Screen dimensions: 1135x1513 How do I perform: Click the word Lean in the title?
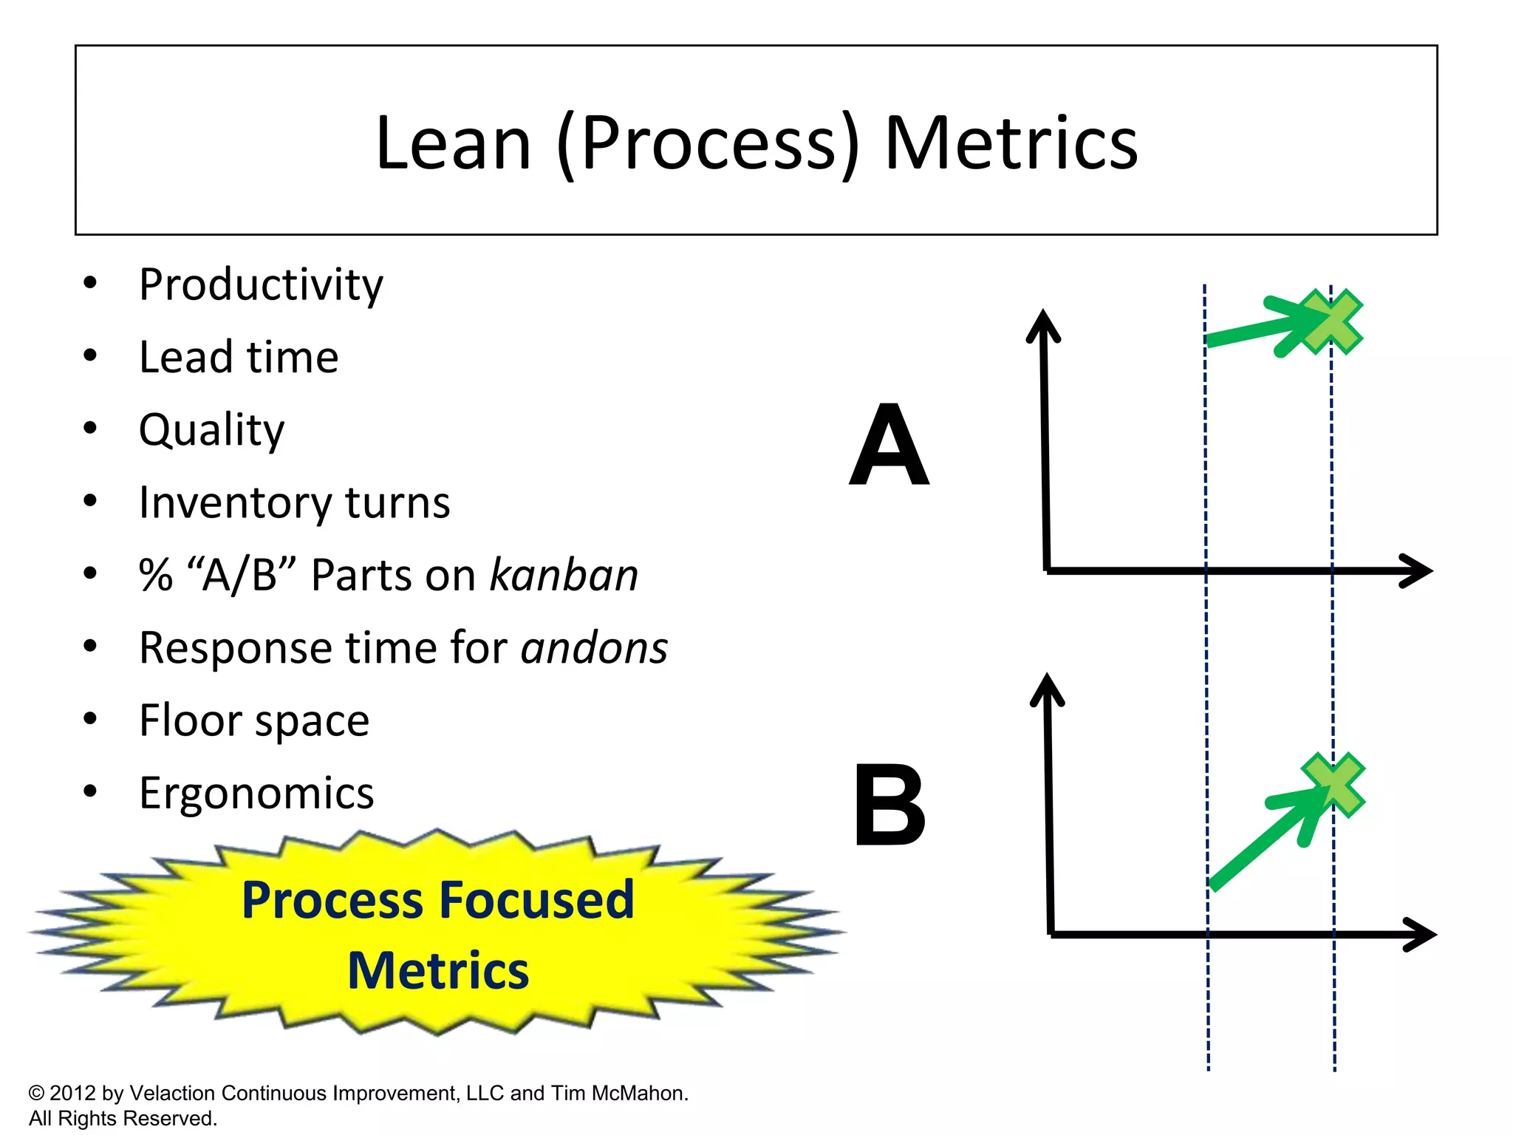coord(453,143)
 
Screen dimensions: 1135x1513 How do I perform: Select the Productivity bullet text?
coord(261,285)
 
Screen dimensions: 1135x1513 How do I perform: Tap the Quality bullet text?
coord(211,430)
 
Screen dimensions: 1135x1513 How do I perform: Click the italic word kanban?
coord(564,576)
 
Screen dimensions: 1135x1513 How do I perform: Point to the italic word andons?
coord(594,648)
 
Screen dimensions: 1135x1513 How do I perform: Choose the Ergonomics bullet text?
coord(256,794)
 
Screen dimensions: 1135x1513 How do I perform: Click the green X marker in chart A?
coord(1331,321)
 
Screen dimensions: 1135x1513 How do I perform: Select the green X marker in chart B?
coord(1333,785)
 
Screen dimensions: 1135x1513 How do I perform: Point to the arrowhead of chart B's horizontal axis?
coord(1422,935)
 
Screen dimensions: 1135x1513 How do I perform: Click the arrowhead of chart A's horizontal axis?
coord(1419,570)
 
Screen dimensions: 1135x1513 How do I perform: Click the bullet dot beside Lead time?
coord(90,356)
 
